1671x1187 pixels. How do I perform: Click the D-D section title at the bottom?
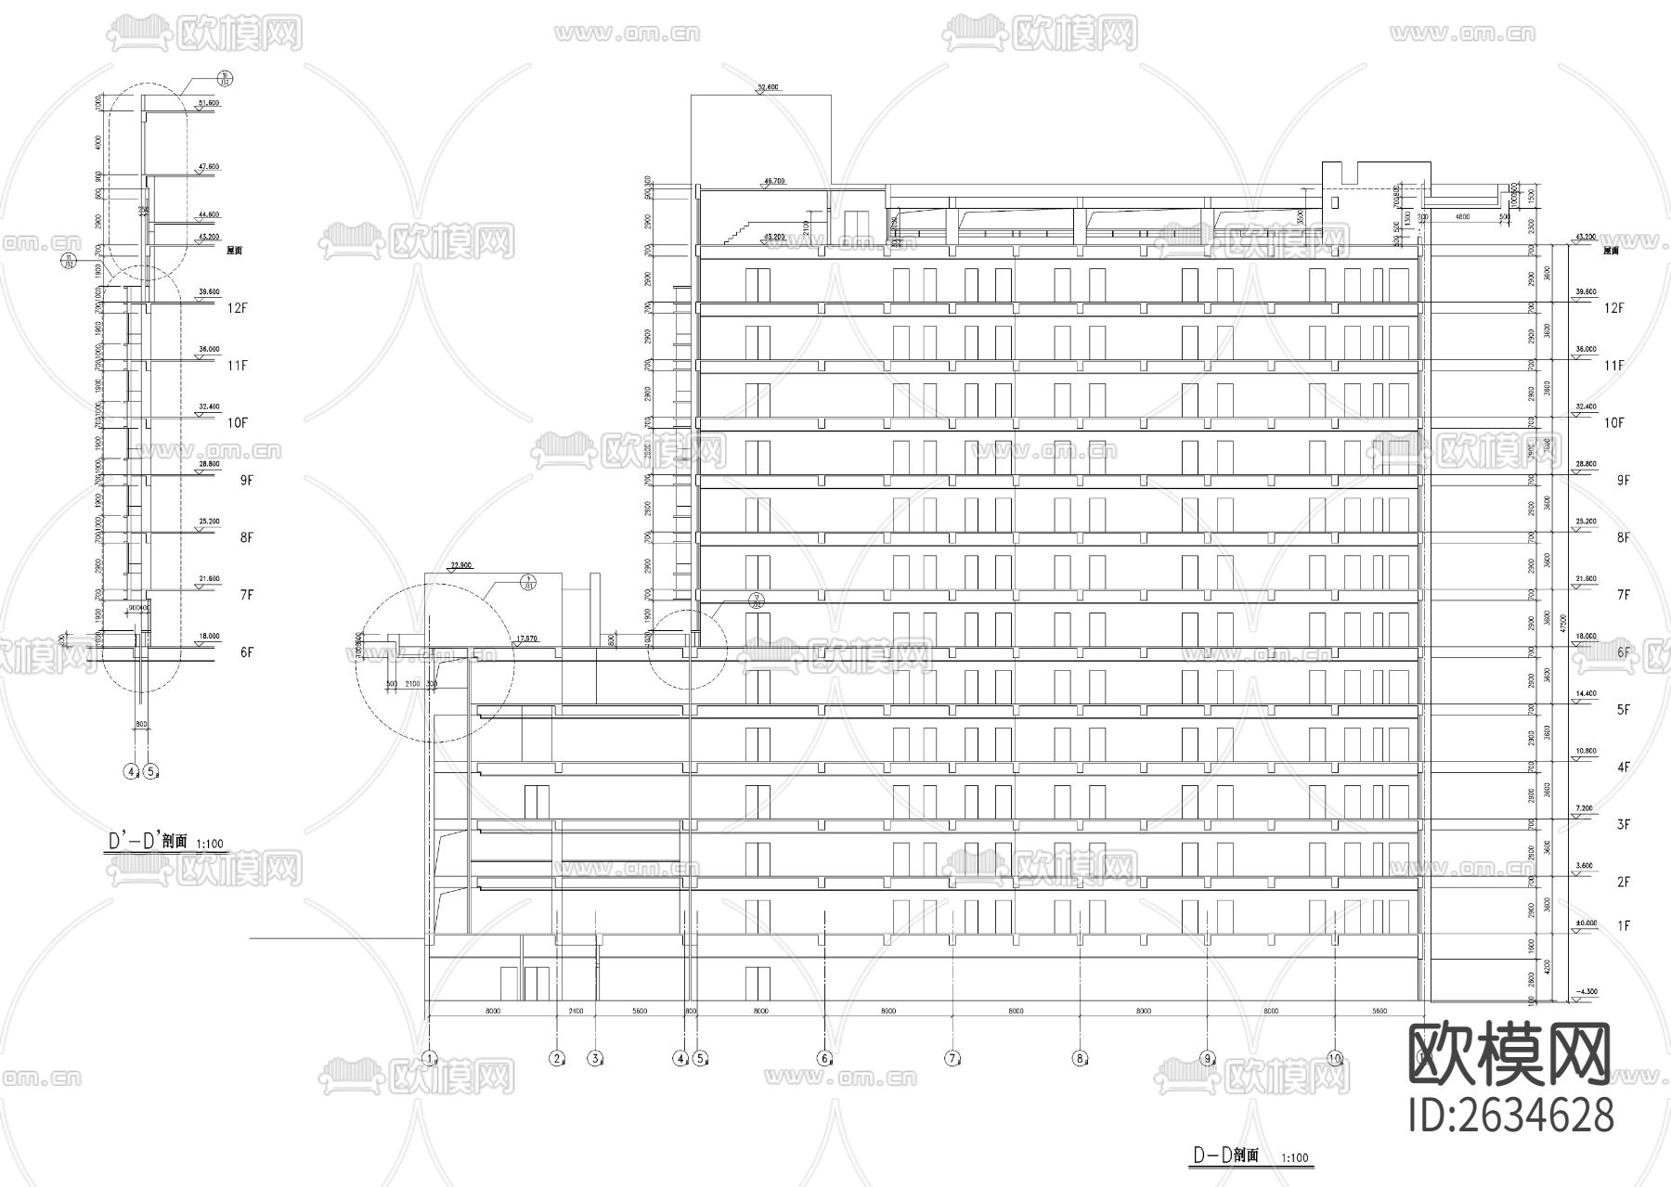(x=1224, y=1155)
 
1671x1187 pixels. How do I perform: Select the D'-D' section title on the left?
(x=148, y=842)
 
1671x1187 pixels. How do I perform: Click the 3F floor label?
(x=1624, y=824)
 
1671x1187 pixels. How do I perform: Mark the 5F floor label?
(x=1624, y=710)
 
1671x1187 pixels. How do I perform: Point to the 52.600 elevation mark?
(x=768, y=87)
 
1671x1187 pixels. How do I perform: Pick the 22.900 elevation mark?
(x=461, y=564)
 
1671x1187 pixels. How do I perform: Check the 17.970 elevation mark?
(x=525, y=639)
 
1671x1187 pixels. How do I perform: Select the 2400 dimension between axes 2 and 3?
(x=576, y=1011)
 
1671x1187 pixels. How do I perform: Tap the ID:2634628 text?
(x=1510, y=1115)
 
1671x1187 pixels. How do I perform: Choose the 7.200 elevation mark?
(x=1585, y=809)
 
